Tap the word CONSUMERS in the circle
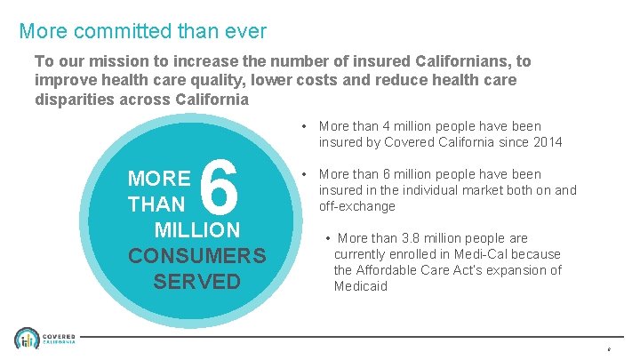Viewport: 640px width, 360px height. (196, 256)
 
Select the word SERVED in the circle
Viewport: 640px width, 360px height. (196, 282)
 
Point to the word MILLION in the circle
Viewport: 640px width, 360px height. (196, 230)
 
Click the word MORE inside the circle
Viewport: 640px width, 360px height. (159, 178)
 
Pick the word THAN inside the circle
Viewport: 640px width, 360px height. (157, 205)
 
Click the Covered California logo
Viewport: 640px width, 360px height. (44, 340)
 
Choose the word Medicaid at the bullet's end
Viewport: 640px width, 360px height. (361, 286)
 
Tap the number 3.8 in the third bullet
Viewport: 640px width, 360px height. (411, 238)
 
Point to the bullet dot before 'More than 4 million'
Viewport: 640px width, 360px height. (305, 126)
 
